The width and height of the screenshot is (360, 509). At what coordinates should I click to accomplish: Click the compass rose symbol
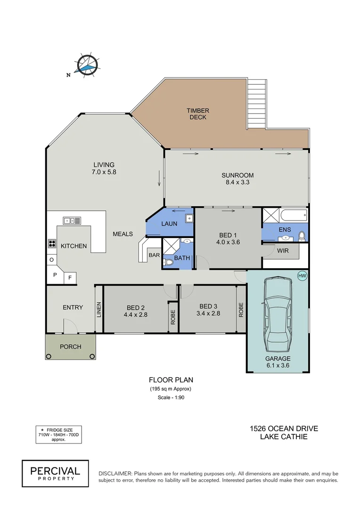click(88, 65)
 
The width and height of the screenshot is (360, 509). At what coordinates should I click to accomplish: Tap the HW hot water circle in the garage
click(302, 276)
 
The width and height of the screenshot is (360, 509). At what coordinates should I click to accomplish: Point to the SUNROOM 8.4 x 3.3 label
click(237, 179)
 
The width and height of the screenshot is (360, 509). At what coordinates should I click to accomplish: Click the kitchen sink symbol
click(72, 220)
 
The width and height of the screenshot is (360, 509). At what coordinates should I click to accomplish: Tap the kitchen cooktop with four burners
click(51, 244)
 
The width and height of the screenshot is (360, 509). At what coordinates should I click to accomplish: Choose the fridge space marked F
click(70, 278)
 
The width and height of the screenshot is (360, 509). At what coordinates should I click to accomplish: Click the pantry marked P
click(55, 275)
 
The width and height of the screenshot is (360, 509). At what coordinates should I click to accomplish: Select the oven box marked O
click(51, 260)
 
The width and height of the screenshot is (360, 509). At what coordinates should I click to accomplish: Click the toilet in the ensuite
click(302, 236)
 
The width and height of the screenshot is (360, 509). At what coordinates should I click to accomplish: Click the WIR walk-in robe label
click(283, 251)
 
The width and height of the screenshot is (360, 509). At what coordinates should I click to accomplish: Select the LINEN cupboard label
click(99, 309)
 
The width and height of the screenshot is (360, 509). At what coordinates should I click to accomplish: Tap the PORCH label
click(70, 347)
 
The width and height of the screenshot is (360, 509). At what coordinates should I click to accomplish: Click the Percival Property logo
click(56, 473)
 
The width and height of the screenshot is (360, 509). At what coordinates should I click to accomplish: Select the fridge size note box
click(58, 434)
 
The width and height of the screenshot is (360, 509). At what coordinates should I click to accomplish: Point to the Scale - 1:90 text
click(171, 398)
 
